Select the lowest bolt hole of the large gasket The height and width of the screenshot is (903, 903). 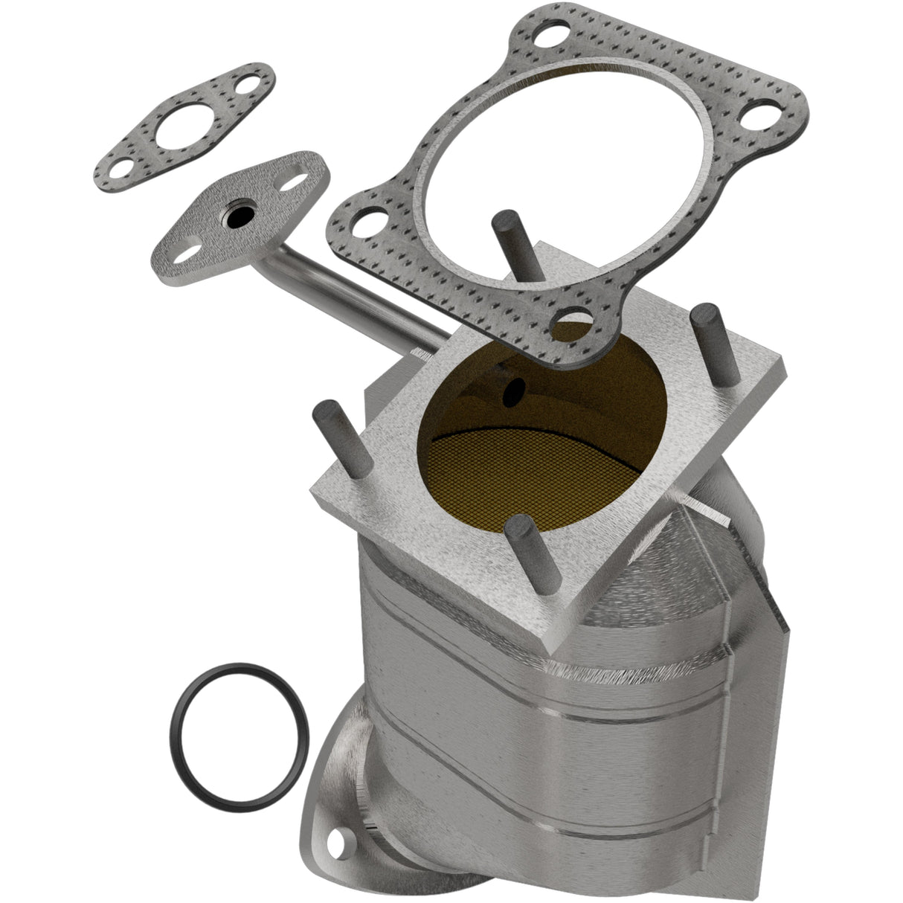tap(575, 321)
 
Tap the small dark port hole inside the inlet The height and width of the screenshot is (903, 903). tap(512, 392)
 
